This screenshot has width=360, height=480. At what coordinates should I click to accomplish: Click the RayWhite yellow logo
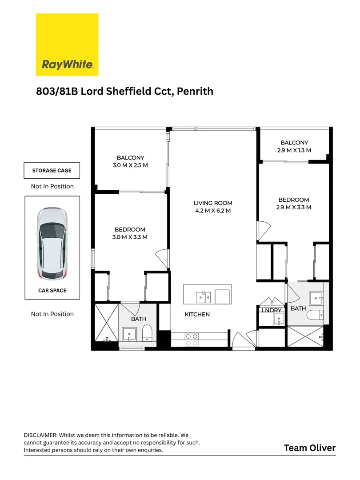tap(67, 44)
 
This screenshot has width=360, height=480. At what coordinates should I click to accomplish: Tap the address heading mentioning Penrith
tap(124, 92)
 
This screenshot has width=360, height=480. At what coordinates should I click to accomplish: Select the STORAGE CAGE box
tap(52, 170)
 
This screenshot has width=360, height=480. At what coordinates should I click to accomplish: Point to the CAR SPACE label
tap(52, 291)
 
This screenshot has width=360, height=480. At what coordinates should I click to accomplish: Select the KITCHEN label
tap(197, 314)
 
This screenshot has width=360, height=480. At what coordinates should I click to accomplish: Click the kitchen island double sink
tap(204, 296)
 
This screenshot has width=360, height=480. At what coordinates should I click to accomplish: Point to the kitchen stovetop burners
tap(192, 340)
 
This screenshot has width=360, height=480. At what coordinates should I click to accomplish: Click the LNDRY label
tap(271, 310)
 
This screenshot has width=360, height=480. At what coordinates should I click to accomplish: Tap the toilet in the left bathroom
tap(147, 333)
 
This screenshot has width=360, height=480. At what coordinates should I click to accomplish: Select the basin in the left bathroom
tap(129, 334)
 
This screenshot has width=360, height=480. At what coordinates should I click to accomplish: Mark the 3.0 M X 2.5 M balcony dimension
tap(130, 165)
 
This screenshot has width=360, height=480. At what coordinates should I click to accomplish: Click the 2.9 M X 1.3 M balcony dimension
tap(294, 150)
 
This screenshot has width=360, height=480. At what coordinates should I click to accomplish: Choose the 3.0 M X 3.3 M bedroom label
tap(130, 237)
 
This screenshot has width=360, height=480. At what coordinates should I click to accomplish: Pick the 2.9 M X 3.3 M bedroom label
tap(293, 207)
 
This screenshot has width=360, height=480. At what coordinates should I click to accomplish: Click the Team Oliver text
tap(309, 448)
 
